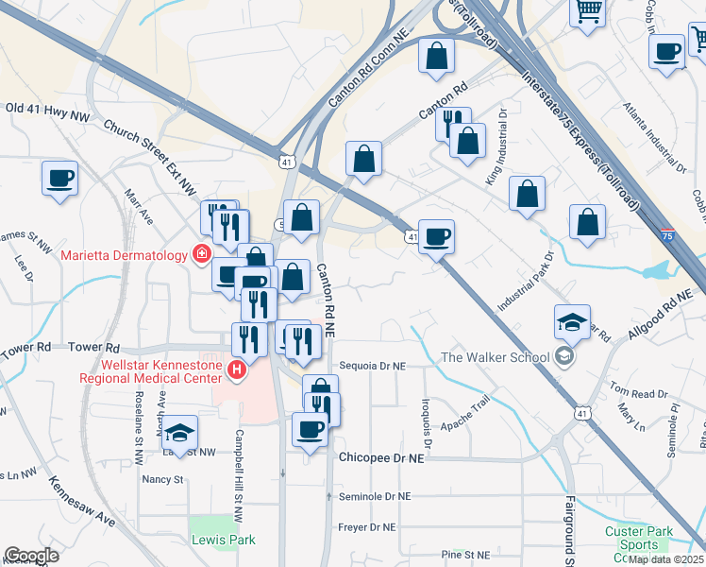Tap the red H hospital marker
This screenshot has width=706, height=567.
(x=237, y=369)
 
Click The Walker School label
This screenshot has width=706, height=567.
(x=495, y=356)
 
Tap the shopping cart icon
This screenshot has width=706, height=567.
(x=588, y=11)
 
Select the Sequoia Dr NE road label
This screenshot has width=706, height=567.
(x=371, y=365)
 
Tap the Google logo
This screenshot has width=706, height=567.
(x=31, y=556)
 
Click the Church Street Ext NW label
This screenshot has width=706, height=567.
(x=151, y=143)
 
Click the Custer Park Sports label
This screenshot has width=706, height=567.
(x=640, y=538)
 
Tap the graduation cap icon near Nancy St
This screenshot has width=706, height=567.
(x=178, y=434)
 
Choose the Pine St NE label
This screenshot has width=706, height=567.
(x=465, y=554)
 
